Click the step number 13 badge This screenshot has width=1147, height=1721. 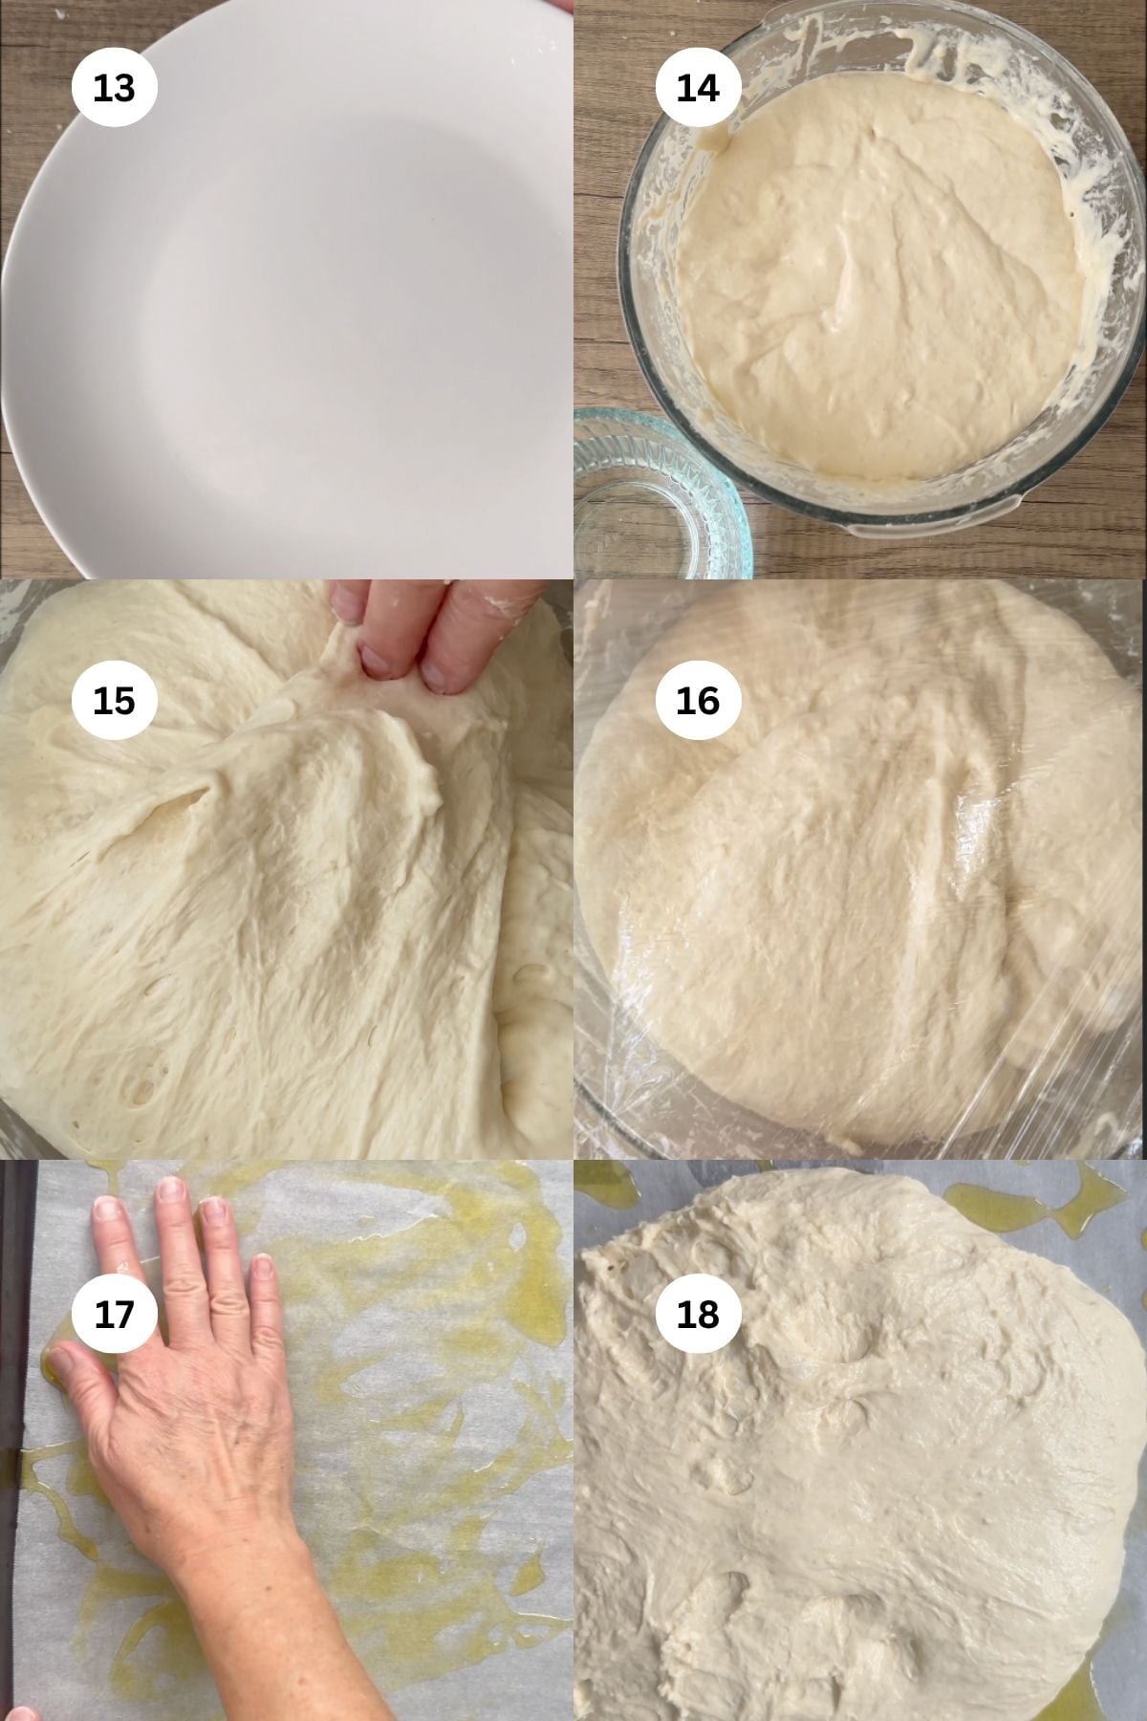pyautogui.click(x=114, y=88)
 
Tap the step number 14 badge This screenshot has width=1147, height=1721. pyautogui.click(x=697, y=88)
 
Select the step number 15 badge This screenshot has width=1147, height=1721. pyautogui.click(x=114, y=700)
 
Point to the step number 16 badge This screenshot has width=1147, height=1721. pyautogui.click(x=697, y=700)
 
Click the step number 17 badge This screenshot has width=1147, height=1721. pyautogui.click(x=114, y=1314)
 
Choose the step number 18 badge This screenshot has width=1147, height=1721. pyautogui.click(x=697, y=1314)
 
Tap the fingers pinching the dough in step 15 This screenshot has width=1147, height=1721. pyautogui.click(x=401, y=641)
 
